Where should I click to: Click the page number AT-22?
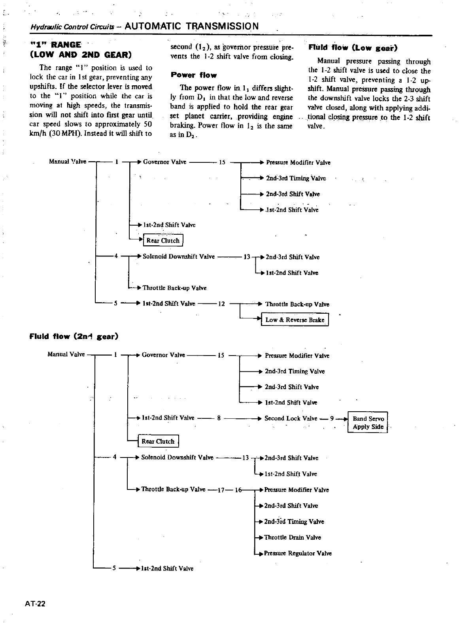coord(35,604)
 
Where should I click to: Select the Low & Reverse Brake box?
coord(295,320)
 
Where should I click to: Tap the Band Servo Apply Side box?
coord(368,422)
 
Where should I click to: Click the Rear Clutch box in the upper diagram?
coord(163,241)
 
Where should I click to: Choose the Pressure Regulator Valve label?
coord(298,553)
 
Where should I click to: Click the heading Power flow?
coord(194,75)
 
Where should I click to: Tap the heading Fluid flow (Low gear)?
coord(352,48)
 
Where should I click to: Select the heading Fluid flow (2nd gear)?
coord(74,337)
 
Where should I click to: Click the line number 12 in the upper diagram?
coord(221,304)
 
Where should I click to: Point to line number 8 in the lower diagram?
coord(219,418)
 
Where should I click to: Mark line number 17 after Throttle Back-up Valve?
coord(221,490)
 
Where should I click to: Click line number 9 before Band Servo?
coord(332,418)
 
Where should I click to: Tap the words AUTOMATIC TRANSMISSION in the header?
coord(192,26)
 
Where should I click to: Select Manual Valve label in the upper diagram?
coord(67,162)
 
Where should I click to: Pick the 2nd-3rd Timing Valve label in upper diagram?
coord(296,178)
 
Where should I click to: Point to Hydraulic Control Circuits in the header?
coord(73,27)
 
